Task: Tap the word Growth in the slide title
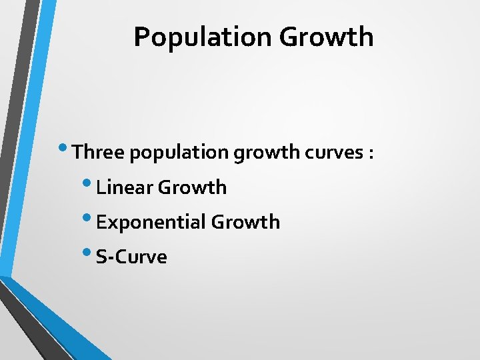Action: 326,37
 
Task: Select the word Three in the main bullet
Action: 99,153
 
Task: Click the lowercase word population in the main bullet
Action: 179,153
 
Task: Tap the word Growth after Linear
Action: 193,188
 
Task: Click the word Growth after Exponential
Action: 246,222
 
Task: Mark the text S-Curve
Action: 131,257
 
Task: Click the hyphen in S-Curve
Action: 109,258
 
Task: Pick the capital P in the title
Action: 141,37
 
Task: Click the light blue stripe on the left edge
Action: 27,133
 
